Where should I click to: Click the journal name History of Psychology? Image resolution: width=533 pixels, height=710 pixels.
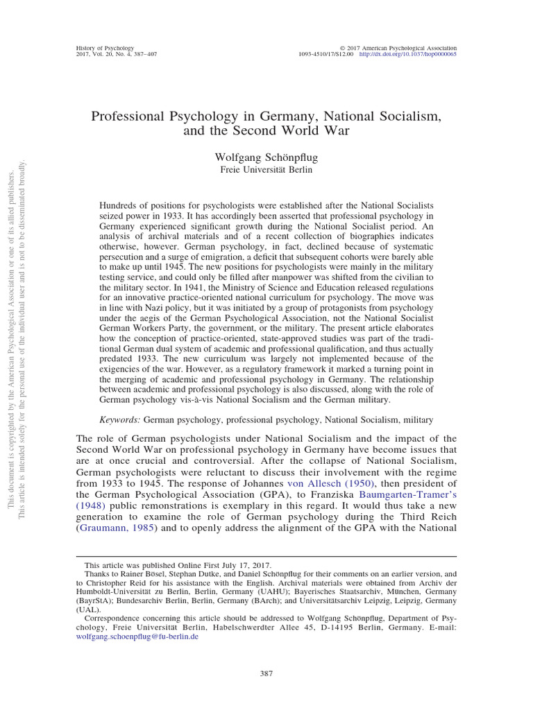(104, 46)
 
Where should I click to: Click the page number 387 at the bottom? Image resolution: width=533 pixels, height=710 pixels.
(266, 673)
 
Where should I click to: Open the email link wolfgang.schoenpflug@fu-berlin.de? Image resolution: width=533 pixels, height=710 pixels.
(141, 636)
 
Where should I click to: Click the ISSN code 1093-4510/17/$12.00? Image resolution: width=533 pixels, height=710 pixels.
(326, 53)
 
